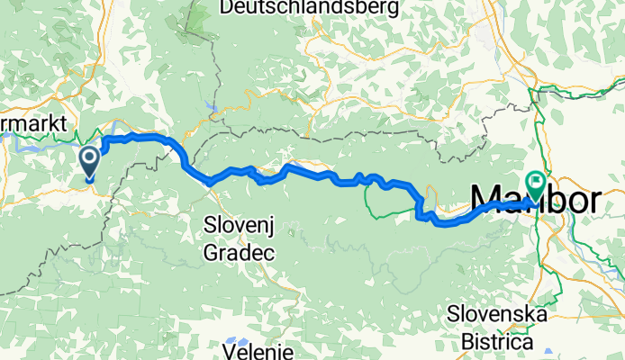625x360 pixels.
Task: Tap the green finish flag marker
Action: pos(536,186)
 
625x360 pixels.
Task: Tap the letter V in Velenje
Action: pos(231,350)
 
